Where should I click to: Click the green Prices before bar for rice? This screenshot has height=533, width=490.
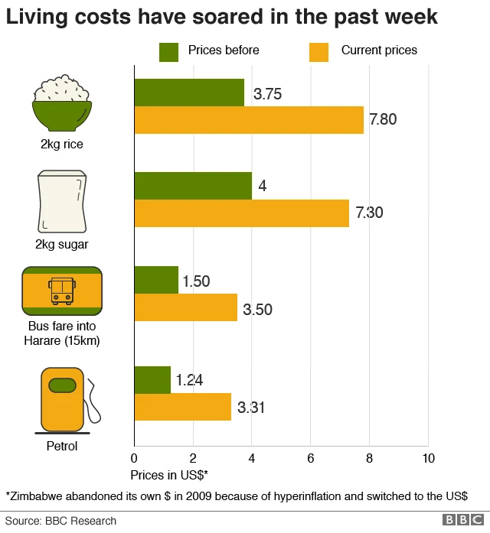click(x=189, y=93)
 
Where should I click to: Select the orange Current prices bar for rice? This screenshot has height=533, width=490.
click(x=249, y=120)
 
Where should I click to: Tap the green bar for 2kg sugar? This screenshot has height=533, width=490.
click(x=193, y=186)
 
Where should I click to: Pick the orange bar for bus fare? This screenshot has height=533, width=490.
click(x=186, y=307)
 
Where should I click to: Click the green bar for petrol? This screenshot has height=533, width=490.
click(x=152, y=379)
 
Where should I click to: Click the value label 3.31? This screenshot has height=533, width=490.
click(x=250, y=408)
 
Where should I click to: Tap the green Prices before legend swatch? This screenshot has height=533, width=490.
click(x=168, y=51)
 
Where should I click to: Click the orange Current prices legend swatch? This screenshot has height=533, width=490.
click(x=318, y=51)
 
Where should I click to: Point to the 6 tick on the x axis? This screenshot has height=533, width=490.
click(x=311, y=459)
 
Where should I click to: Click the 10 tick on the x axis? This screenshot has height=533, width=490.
click(x=428, y=459)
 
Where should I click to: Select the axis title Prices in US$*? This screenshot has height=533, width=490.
click(x=169, y=475)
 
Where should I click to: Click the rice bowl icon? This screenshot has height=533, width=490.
click(x=62, y=103)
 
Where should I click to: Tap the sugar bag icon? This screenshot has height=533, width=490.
click(x=62, y=203)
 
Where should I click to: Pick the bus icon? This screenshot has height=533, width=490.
click(x=62, y=292)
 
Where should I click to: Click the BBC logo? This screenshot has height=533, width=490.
click(x=459, y=520)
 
